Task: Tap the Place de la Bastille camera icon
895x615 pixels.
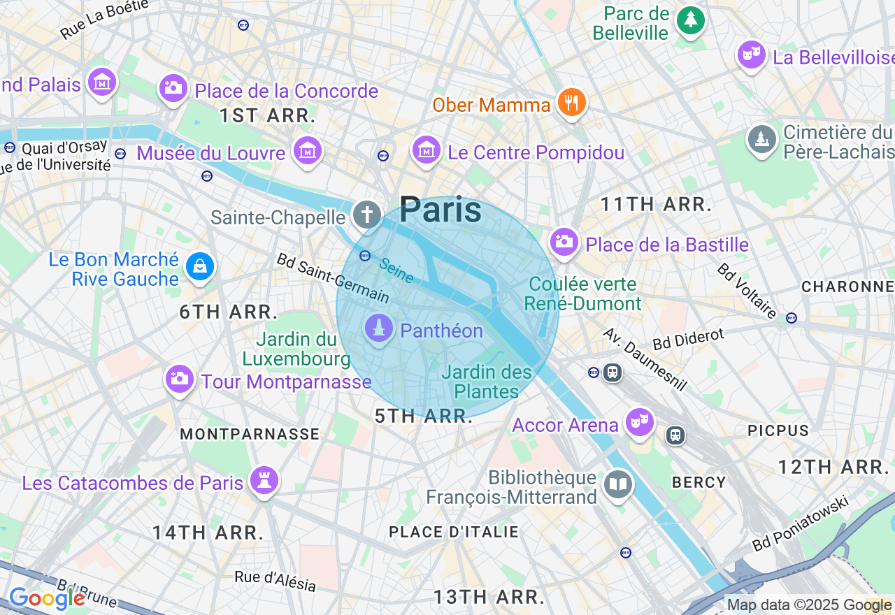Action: (x=564, y=243)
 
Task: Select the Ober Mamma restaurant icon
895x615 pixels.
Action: (x=572, y=103)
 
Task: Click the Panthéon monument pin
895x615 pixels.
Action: (x=379, y=328)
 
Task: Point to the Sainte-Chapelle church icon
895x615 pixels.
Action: (x=366, y=215)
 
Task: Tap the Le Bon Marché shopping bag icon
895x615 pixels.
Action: (x=200, y=266)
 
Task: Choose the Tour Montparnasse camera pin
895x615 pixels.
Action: (x=179, y=379)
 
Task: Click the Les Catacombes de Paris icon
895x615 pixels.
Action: (x=265, y=481)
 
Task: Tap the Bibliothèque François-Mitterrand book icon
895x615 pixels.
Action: (x=618, y=484)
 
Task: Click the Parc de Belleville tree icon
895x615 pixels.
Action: (x=691, y=20)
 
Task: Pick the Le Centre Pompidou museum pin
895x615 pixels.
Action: (x=426, y=150)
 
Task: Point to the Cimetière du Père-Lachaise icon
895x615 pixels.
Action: (x=761, y=139)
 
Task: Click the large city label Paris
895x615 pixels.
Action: (x=441, y=210)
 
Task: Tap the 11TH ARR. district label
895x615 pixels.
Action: (x=656, y=205)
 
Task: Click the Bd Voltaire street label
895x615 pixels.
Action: (x=747, y=291)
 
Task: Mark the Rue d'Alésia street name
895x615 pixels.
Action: (x=275, y=580)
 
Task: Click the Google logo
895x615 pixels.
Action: (x=47, y=599)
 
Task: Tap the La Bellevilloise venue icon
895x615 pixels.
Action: (x=752, y=55)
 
